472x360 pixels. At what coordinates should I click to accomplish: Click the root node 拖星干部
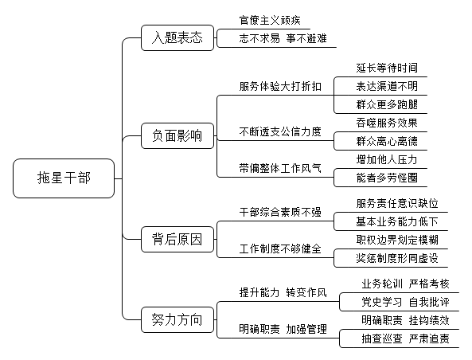(x=64, y=178)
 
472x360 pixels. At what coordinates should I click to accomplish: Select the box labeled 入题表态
(x=177, y=38)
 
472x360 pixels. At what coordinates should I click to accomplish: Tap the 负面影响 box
(x=177, y=136)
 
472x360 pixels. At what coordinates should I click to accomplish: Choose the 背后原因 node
(x=177, y=240)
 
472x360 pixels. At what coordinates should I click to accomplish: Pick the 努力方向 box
(x=177, y=320)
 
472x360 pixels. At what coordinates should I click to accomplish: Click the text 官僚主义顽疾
(x=270, y=20)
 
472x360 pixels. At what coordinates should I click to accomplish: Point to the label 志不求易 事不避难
(x=283, y=38)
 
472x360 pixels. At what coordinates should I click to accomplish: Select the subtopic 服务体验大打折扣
(x=280, y=87)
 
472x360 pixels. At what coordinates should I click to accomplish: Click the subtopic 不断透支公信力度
(x=280, y=131)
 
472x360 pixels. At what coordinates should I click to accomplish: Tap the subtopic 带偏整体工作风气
(x=280, y=168)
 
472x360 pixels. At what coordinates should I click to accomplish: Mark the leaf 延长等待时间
(x=387, y=68)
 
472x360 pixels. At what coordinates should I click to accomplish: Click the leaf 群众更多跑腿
(x=387, y=104)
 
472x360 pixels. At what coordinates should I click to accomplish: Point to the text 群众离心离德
(x=387, y=141)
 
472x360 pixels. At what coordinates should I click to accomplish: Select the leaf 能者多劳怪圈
(x=387, y=178)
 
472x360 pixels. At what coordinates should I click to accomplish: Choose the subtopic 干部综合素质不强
(x=280, y=213)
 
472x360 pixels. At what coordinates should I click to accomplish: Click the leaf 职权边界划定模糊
(x=397, y=240)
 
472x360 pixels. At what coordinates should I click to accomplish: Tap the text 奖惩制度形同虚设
(x=397, y=258)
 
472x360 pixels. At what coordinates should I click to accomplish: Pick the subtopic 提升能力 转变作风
(x=283, y=292)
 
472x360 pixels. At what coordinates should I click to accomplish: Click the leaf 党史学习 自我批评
(x=405, y=302)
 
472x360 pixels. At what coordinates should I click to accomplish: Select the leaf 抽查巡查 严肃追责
(x=405, y=338)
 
